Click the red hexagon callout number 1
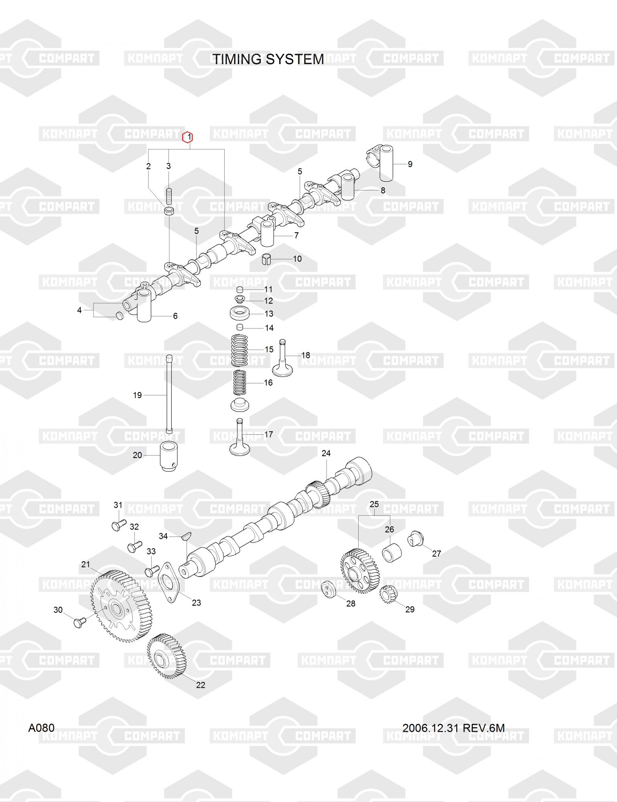point(187,138)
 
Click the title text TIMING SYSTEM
point(268,59)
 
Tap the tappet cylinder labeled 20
point(169,457)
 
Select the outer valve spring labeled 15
point(240,350)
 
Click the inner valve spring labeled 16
point(240,382)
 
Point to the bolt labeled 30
point(78,623)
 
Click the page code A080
point(41,728)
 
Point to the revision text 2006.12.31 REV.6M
point(453,728)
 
